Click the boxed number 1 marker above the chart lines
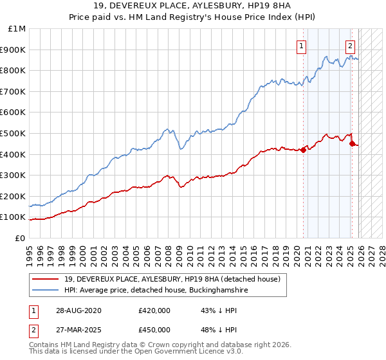pyautogui.click(x=301, y=46)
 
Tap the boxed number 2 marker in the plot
pyautogui.click(x=350, y=46)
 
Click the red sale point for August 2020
pyautogui.click(x=303, y=150)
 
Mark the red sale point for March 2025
pyautogui.click(x=352, y=144)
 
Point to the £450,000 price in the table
pyautogui.click(x=154, y=329)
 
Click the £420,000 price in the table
pyautogui.click(x=154, y=310)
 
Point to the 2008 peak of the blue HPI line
pyautogui.click(x=167, y=129)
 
